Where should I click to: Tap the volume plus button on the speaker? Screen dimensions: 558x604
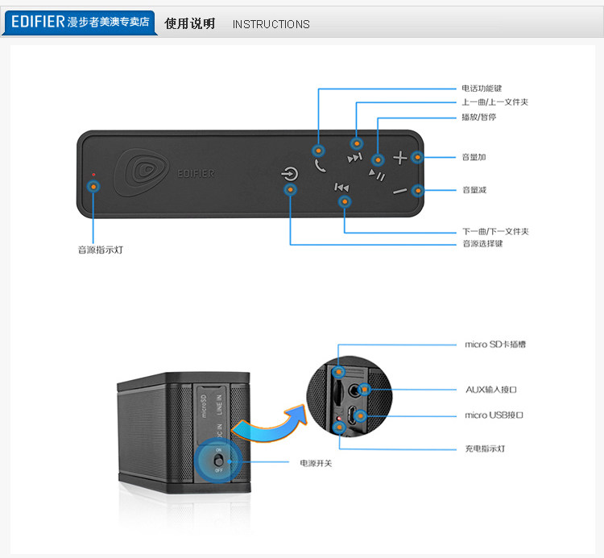point(400,158)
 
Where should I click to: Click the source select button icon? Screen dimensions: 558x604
point(291,174)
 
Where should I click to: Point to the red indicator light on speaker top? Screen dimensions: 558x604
point(93,174)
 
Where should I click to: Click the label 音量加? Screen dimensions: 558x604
point(474,157)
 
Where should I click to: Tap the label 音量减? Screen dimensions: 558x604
point(474,190)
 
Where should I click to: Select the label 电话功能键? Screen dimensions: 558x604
point(482,88)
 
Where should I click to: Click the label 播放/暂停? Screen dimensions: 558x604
point(478,117)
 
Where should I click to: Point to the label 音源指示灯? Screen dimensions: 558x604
point(101,250)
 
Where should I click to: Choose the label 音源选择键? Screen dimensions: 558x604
point(482,243)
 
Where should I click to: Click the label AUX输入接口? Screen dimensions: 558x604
point(491,390)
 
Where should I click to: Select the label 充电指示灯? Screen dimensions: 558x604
point(485,448)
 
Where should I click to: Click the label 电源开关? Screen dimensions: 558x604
point(316,463)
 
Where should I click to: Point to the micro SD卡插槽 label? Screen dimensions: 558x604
point(495,345)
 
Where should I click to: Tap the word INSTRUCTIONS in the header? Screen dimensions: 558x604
point(271,24)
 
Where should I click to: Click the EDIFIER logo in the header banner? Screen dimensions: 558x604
point(38,22)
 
